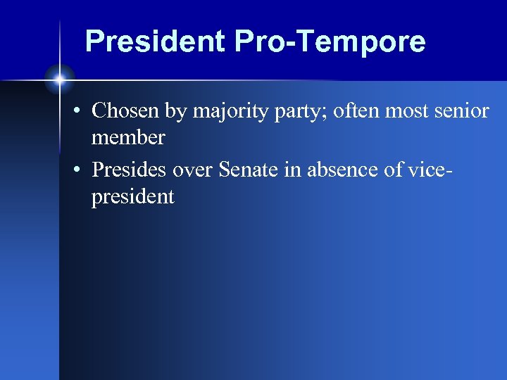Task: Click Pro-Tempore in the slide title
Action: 330,42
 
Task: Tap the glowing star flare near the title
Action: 60,80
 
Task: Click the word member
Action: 128,138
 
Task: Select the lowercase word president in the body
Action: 132,197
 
